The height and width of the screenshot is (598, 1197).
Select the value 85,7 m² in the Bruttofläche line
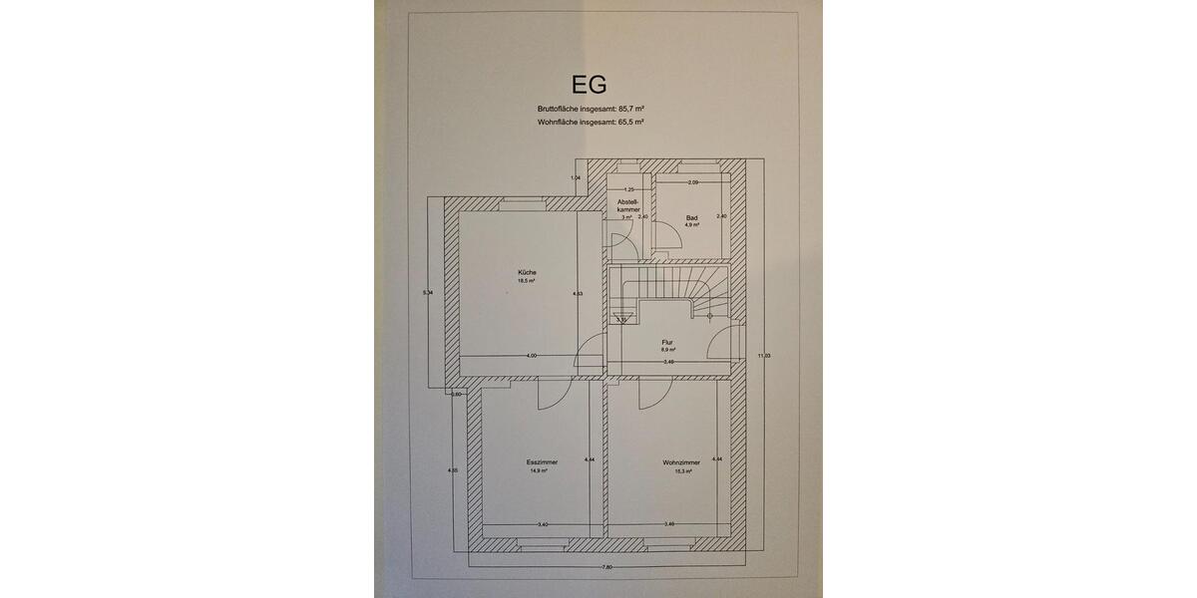pyautogui.click(x=630, y=108)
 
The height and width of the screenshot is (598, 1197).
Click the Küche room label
pyautogui.click(x=527, y=272)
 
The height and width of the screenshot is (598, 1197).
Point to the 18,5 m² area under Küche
pyautogui.click(x=527, y=281)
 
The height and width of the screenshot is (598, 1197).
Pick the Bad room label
pyautogui.click(x=691, y=216)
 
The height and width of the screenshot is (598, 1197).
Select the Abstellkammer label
pyautogui.click(x=628, y=205)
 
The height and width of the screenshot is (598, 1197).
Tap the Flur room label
pyautogui.click(x=667, y=342)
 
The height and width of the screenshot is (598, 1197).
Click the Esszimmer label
pyautogui.click(x=542, y=461)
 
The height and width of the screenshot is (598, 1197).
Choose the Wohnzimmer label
pyautogui.click(x=680, y=461)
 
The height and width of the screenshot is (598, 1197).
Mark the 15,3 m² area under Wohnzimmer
pyautogui.click(x=680, y=470)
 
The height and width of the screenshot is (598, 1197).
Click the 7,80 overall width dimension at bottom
pyautogui.click(x=606, y=567)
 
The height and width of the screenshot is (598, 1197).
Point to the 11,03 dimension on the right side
pyautogui.click(x=764, y=356)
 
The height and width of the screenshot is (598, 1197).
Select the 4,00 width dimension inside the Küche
pyautogui.click(x=532, y=356)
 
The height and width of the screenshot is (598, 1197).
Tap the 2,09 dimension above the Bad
pyautogui.click(x=692, y=182)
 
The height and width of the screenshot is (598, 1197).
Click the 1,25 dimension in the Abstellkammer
pyautogui.click(x=628, y=188)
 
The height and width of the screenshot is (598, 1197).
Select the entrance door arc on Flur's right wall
pyautogui.click(x=717, y=347)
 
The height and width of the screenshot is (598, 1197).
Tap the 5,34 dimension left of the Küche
pyautogui.click(x=428, y=292)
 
